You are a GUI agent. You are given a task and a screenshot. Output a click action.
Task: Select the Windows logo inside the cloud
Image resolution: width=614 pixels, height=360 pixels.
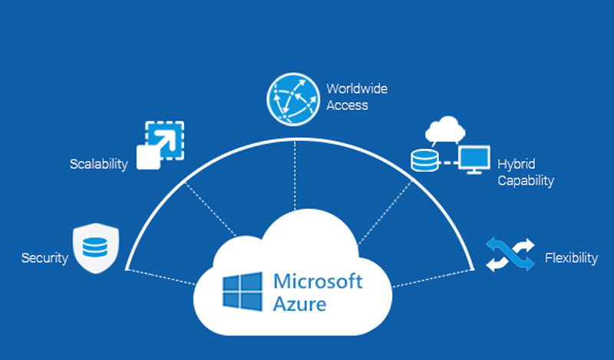coord(243,291)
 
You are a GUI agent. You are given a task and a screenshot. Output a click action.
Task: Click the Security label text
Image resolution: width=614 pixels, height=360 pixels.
coord(45,258)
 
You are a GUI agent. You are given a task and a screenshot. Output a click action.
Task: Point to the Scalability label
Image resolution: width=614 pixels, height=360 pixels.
coord(98,165)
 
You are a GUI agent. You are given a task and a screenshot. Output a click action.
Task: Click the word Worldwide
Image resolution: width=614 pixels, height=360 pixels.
coord(357,89)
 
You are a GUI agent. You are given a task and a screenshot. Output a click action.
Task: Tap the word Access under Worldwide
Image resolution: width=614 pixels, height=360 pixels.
coord(347,105)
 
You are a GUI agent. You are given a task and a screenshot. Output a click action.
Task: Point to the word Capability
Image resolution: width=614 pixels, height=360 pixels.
coord(526,181)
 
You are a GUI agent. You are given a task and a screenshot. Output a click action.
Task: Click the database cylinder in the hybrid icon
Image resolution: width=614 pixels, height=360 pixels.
coord(423,161)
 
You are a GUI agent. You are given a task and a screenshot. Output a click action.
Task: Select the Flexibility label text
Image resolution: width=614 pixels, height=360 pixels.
coord(571,258)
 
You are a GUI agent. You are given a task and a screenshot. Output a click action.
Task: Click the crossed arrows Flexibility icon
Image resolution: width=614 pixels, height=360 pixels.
coord(509,254)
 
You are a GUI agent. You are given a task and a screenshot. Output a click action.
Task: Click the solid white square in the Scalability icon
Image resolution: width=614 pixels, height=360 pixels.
coord(147,157)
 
